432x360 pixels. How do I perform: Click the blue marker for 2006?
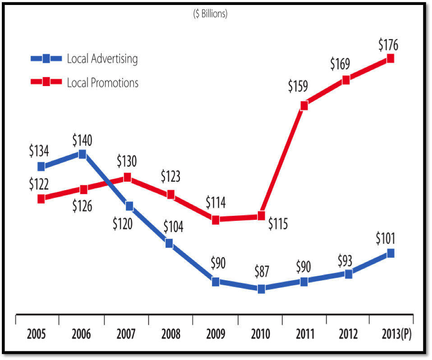pyautogui.click(x=83, y=154)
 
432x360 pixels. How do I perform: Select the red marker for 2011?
pyautogui.click(x=304, y=105)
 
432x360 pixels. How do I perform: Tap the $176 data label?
pyautogui.click(x=388, y=45)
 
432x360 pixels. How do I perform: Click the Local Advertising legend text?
pyautogui.click(x=102, y=59)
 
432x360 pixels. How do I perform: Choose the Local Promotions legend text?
pyautogui.click(x=102, y=83)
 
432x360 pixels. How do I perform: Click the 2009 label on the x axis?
pyautogui.click(x=216, y=334)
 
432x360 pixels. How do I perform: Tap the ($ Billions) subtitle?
pyautogui.click(x=210, y=14)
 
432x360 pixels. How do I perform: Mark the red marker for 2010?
pyautogui.click(x=261, y=216)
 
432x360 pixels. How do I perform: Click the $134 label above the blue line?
pyautogui.click(x=39, y=151)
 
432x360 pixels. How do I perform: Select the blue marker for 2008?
pyautogui.click(x=169, y=243)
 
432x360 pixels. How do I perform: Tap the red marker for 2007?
pyautogui.click(x=127, y=178)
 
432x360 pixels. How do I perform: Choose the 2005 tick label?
pyautogui.click(x=37, y=334)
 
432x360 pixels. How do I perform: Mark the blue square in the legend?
pyautogui.click(x=46, y=58)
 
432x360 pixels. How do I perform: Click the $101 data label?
pyautogui.click(x=389, y=238)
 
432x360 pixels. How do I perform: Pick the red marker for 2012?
pyautogui.click(x=346, y=80)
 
